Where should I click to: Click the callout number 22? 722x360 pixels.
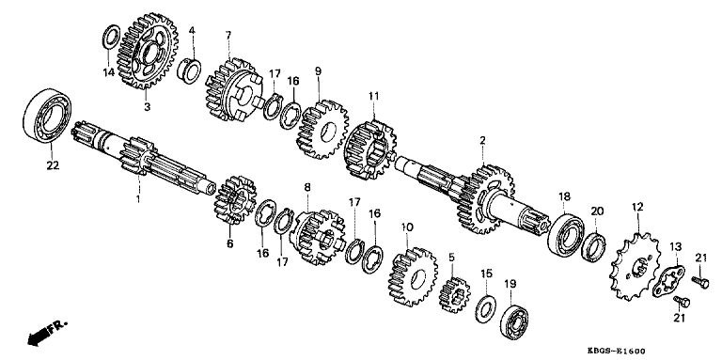coord(53,165)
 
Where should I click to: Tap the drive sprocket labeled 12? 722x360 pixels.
coord(636,267)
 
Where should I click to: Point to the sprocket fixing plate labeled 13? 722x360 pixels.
coord(668,281)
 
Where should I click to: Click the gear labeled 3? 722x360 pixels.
coord(148,51)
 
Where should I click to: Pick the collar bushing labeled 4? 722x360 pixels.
coord(189,70)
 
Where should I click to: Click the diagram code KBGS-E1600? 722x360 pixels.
coord(617,351)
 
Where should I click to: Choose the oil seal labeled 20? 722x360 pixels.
coord(593,247)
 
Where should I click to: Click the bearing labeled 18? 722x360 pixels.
coord(565,234)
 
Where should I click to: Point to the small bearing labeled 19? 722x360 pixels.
coord(514,320)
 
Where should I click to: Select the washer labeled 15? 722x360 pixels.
coord(484,310)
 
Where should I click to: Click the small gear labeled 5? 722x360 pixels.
coord(454,295)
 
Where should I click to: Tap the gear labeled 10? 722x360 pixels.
coord(413,277)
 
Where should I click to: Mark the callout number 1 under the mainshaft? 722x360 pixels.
coord(137,199)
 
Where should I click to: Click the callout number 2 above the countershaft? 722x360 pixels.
coord(482,140)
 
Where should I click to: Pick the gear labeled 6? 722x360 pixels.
coord(235,200)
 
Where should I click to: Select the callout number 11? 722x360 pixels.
coord(373,96)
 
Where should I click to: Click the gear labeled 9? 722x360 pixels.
coord(322,130)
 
